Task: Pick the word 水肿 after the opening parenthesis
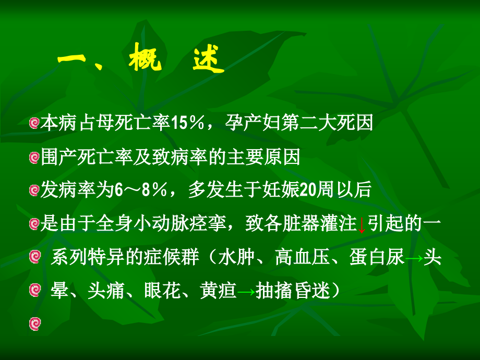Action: [x=234, y=259]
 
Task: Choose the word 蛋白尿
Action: [x=378, y=259]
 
